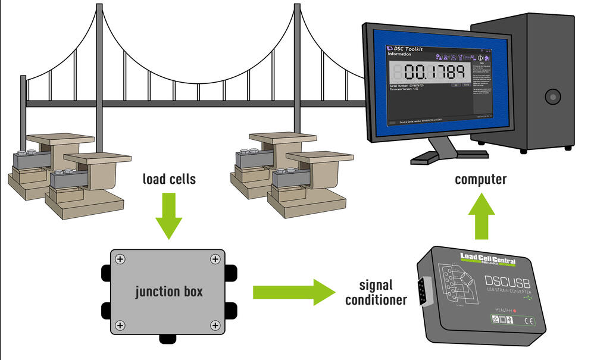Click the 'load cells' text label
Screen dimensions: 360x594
tap(169, 179)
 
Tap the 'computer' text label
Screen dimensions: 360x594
tap(480, 179)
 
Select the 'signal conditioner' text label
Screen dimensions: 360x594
tap(376, 292)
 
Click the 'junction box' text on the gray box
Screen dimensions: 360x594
tap(168, 292)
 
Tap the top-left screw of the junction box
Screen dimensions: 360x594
tap(120, 259)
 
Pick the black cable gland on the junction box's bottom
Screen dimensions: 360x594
tap(168, 339)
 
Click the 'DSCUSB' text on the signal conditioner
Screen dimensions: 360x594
tap(511, 278)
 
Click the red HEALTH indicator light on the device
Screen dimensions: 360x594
tap(522, 310)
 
